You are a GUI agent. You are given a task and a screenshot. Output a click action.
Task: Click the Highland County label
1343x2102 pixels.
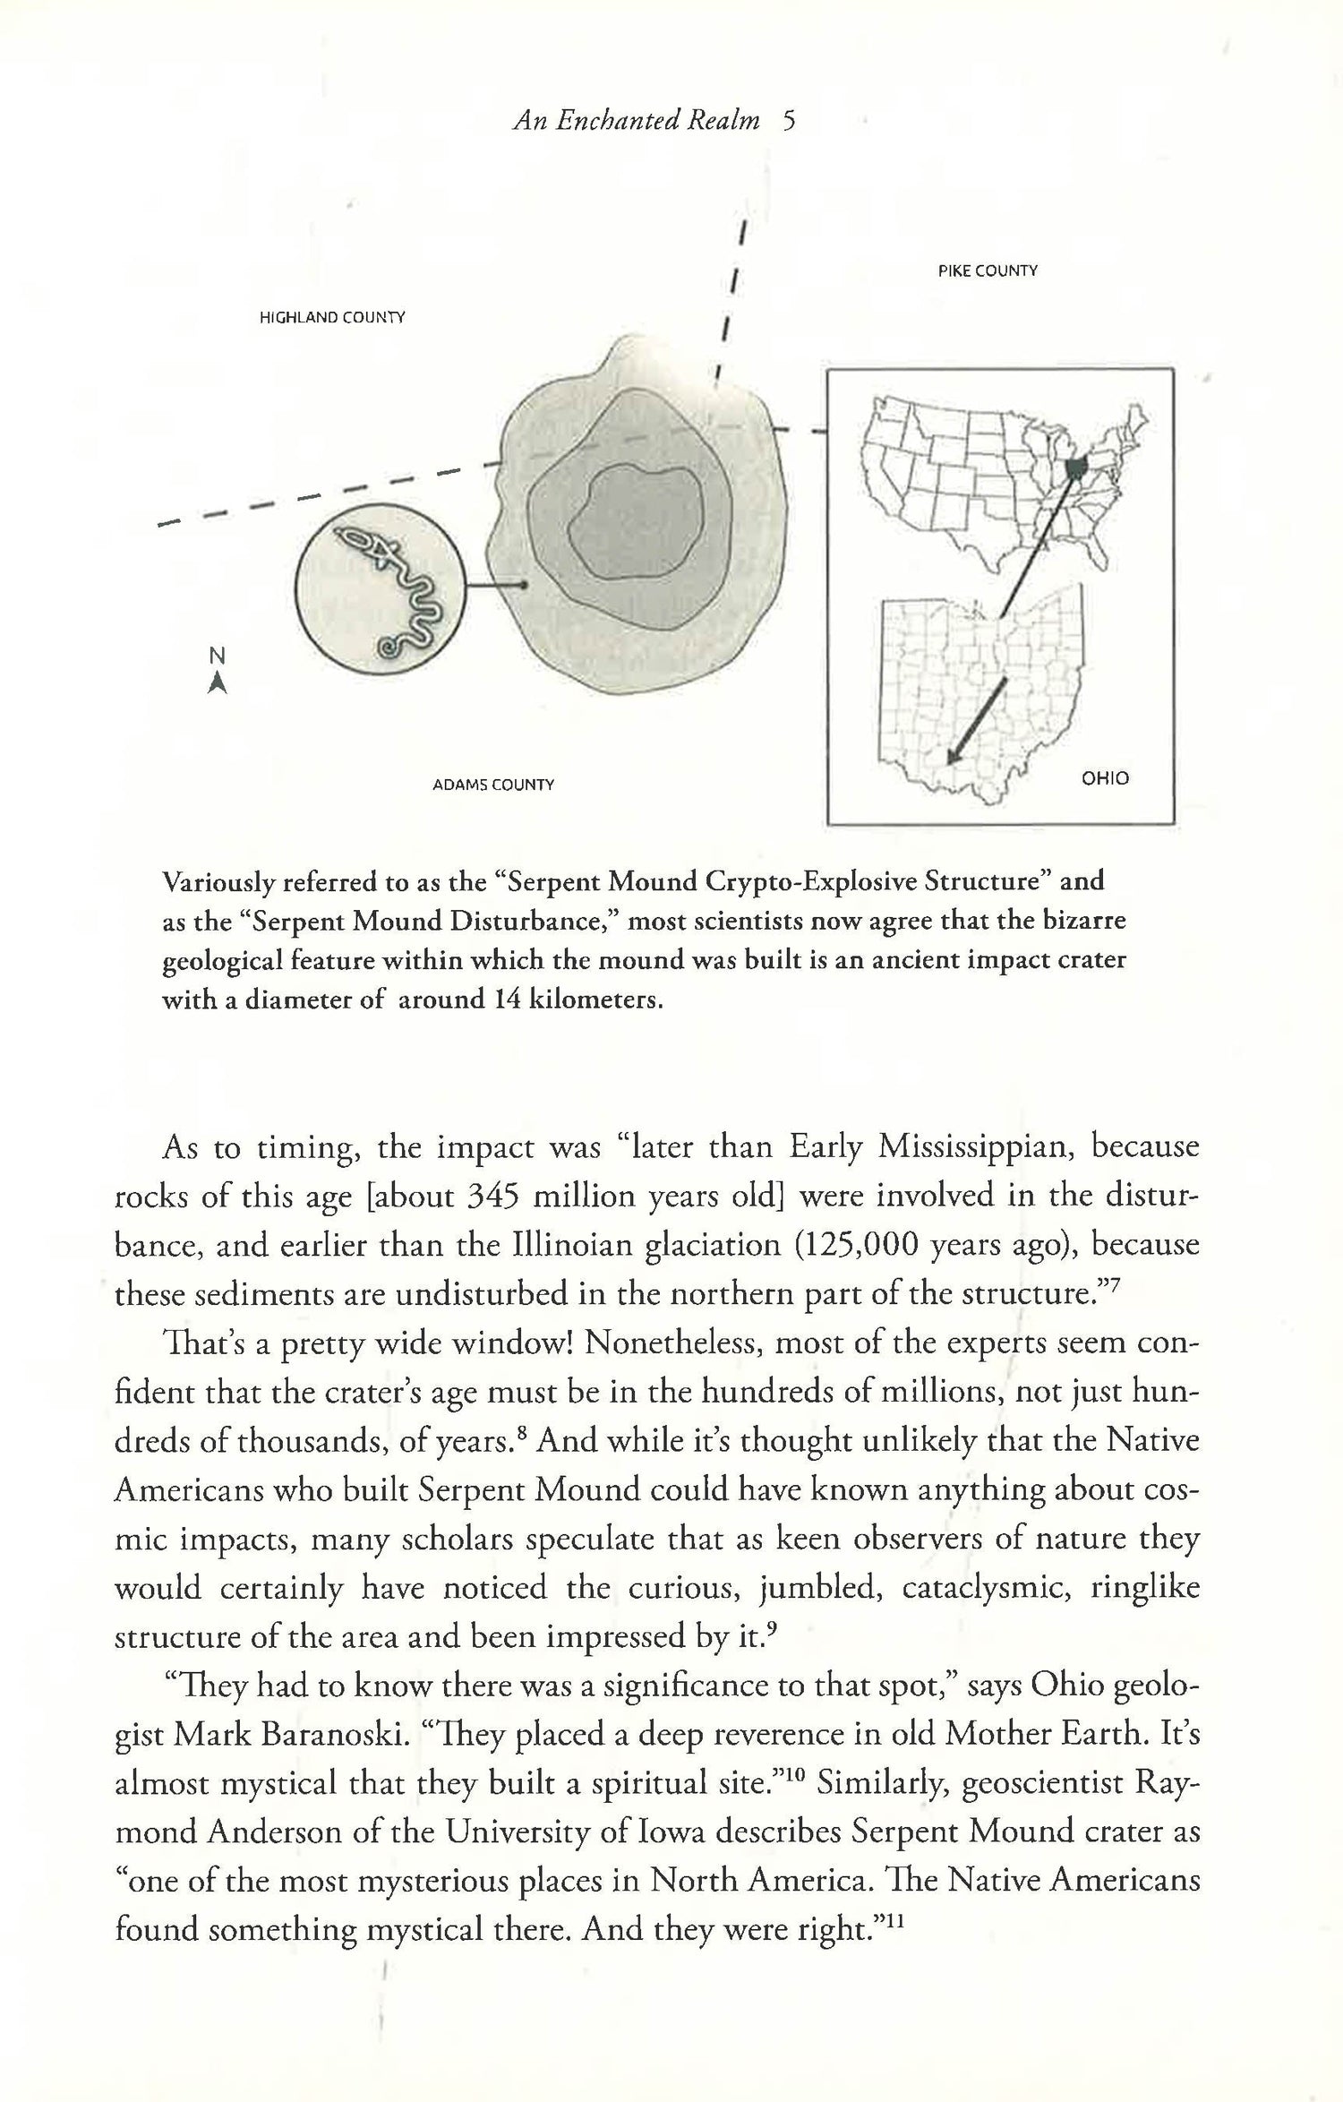(x=332, y=317)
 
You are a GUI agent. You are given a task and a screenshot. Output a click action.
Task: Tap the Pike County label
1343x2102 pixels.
(x=988, y=270)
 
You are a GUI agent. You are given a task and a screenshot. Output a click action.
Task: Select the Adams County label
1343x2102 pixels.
(x=493, y=785)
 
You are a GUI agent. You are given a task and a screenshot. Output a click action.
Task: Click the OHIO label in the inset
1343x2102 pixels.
(x=1105, y=778)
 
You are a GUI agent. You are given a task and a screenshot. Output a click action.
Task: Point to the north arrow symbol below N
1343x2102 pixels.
(x=216, y=683)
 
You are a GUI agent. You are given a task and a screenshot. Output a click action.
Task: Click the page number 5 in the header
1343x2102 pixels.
(x=788, y=121)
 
